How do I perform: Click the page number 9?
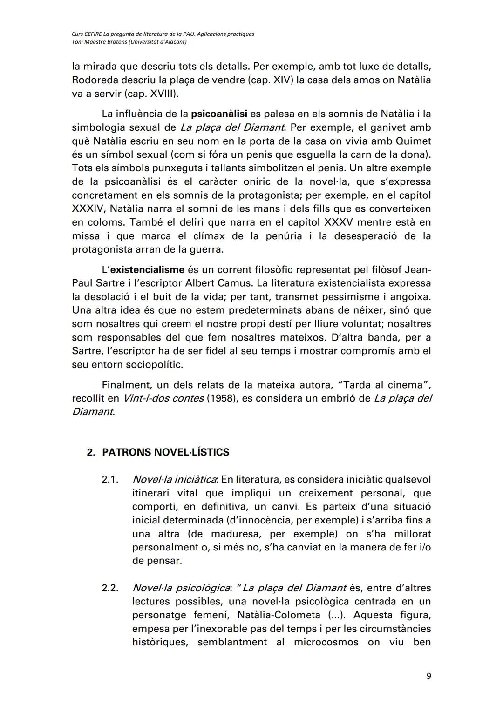coord(428,676)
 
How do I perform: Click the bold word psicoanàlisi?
coord(219,114)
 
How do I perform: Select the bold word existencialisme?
coord(147,269)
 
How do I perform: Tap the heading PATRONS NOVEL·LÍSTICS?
coord(165,452)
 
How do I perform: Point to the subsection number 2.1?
coord(110,479)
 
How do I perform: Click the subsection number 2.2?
coord(110,588)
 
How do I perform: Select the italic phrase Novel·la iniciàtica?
coord(175,479)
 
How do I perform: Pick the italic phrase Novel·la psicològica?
coord(179,588)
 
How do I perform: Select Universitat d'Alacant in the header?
coord(156,42)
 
